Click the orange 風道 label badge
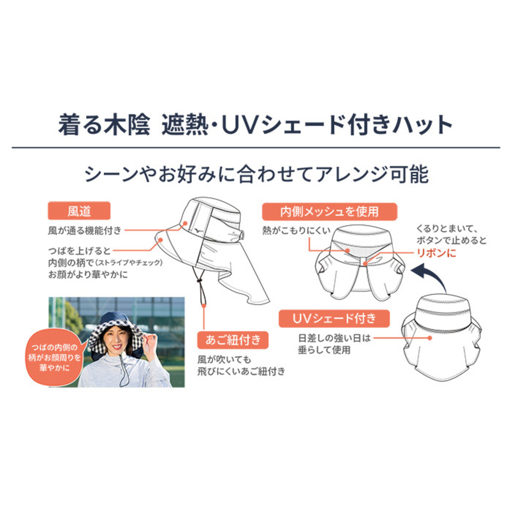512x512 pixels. [x=79, y=211]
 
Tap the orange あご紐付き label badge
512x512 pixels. [x=233, y=340]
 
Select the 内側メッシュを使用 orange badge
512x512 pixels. [x=329, y=212]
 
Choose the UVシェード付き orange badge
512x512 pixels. [x=334, y=318]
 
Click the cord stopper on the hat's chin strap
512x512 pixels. [x=198, y=281]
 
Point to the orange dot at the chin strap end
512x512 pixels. [x=204, y=305]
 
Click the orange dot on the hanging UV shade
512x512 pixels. [x=429, y=338]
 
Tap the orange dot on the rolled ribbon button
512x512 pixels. [x=366, y=263]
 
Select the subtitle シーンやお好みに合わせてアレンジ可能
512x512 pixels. [x=256, y=175]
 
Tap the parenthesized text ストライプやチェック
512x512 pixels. [x=129, y=262]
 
